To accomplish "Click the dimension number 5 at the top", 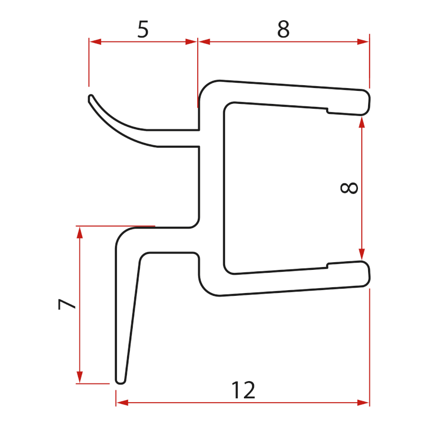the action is [x=143, y=29].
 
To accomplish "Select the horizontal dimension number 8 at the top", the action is [x=283, y=29].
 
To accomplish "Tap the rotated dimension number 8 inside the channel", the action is [x=349, y=188].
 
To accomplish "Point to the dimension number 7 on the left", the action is [x=66, y=304].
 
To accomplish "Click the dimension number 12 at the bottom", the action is [x=243, y=390].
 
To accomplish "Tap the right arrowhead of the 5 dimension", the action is [x=191, y=42].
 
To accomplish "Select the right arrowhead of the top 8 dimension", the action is [x=363, y=42].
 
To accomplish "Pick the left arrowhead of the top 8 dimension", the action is [x=204, y=42].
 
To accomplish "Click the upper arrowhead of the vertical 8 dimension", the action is [x=362, y=122].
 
